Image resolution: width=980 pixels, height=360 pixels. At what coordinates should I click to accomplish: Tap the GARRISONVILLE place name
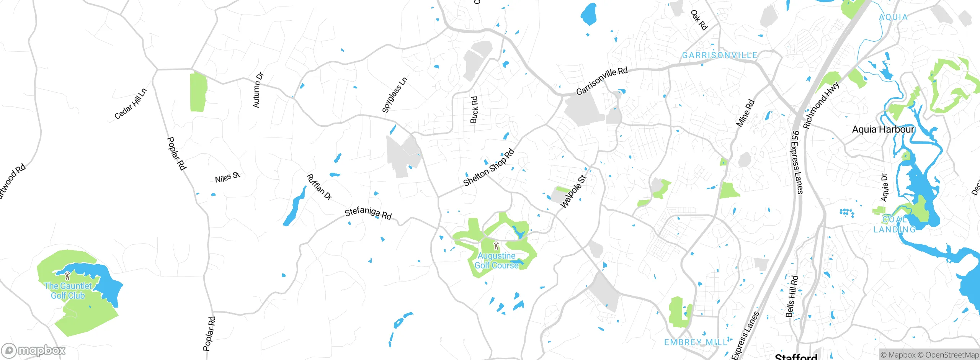[x=720, y=56]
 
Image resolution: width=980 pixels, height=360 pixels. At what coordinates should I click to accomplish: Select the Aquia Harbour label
[x=883, y=129]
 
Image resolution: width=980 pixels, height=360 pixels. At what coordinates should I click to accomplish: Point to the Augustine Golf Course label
[x=497, y=260]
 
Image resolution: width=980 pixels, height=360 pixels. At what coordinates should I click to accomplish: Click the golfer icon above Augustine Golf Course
[x=497, y=245]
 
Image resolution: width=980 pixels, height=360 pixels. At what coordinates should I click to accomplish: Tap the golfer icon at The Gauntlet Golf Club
[x=68, y=275]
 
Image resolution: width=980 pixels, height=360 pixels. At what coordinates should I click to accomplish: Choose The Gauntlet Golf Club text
[x=68, y=291]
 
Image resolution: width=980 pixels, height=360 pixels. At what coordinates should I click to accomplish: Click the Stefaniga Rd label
[x=368, y=213]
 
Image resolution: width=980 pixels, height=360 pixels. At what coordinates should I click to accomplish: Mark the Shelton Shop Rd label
[x=489, y=167]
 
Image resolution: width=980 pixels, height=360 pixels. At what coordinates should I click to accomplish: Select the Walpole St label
[x=573, y=191]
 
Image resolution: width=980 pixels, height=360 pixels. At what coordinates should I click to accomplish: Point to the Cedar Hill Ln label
[x=131, y=104]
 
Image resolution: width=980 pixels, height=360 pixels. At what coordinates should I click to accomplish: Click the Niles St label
[x=227, y=177]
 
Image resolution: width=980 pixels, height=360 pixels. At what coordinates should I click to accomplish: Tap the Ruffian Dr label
[x=319, y=187]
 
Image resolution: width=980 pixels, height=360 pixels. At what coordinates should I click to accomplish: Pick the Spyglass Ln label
[x=395, y=95]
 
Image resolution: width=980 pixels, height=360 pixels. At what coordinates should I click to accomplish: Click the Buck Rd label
[x=474, y=110]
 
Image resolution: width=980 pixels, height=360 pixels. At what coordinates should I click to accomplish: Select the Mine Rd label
[x=745, y=113]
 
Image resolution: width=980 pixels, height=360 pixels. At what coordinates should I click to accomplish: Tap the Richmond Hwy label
[x=821, y=105]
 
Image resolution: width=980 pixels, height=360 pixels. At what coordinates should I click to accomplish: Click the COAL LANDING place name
[x=895, y=224]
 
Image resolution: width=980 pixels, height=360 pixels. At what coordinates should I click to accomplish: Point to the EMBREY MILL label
[x=696, y=342]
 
